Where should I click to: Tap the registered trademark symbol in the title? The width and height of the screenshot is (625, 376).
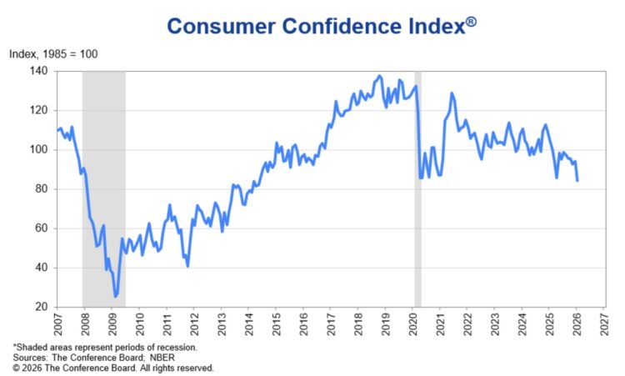coord(471,21)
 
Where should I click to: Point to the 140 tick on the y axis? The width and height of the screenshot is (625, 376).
coord(39,72)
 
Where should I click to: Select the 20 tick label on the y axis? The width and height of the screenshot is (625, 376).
coord(42,307)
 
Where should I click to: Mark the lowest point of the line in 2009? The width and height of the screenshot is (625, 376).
coord(116,296)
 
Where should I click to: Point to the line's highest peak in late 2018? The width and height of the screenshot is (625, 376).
coord(380,76)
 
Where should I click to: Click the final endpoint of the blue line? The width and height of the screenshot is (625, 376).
coord(577,180)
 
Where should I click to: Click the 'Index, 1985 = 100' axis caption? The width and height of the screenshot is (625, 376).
coord(53,54)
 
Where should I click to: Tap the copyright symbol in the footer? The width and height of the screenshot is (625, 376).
coord(15,367)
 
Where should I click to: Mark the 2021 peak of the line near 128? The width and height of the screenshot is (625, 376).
coord(452,93)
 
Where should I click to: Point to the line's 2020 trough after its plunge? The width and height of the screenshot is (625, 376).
coord(420,178)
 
